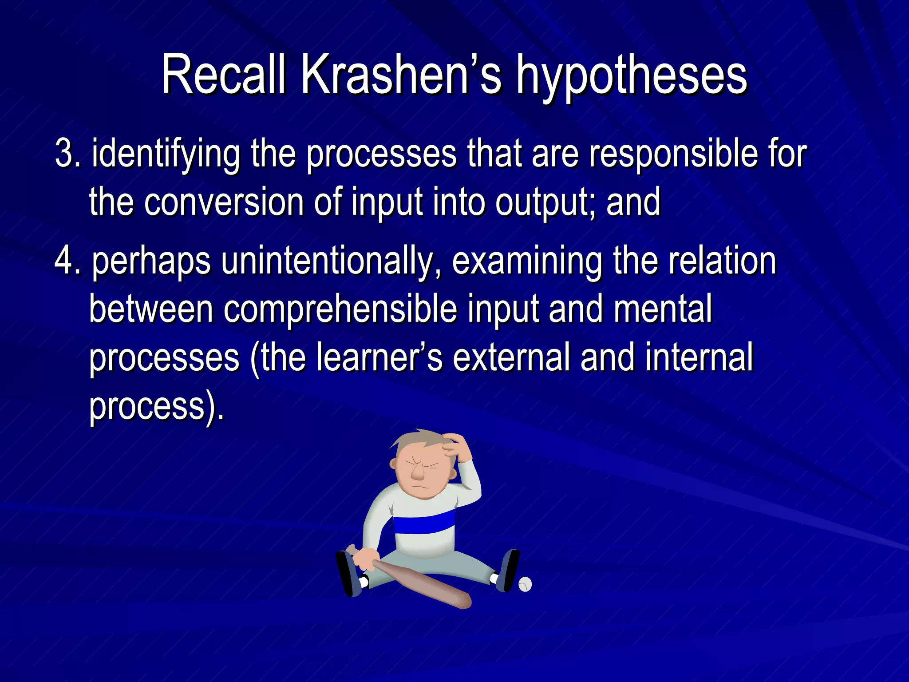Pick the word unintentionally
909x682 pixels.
[x=327, y=262]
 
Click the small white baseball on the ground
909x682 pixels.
[x=525, y=584]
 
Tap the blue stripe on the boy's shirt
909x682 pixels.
[x=424, y=522]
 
